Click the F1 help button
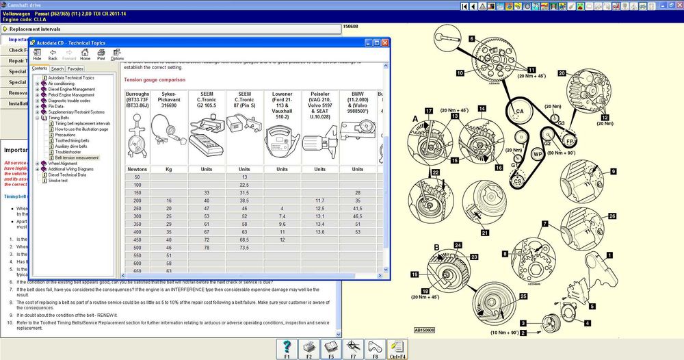pyautogui.click(x=287, y=348)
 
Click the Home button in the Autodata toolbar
pyautogui.click(x=85, y=54)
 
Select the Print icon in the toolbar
pyautogui.click(x=101, y=54)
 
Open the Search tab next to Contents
pyautogui.click(x=57, y=69)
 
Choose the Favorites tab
pyautogui.click(x=75, y=69)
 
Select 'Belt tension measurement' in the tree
pyautogui.click(x=77, y=157)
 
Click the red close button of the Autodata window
pyautogui.click(x=384, y=42)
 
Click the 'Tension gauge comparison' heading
pyautogui.click(x=153, y=79)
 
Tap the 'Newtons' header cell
pyautogui.click(x=137, y=169)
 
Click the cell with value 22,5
pyautogui.click(x=244, y=185)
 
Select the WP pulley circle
pyautogui.click(x=538, y=154)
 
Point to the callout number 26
pyautogui.click(x=611, y=216)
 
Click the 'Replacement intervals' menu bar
pyautogui.click(x=171, y=29)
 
